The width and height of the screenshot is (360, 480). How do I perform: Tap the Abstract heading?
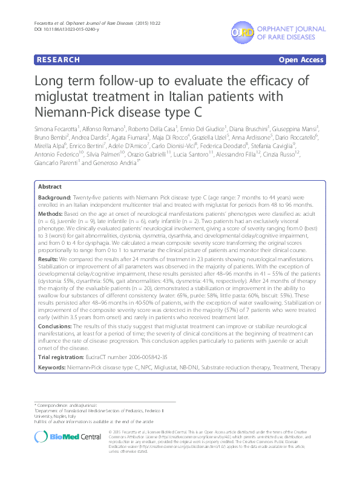[x=50, y=187]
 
